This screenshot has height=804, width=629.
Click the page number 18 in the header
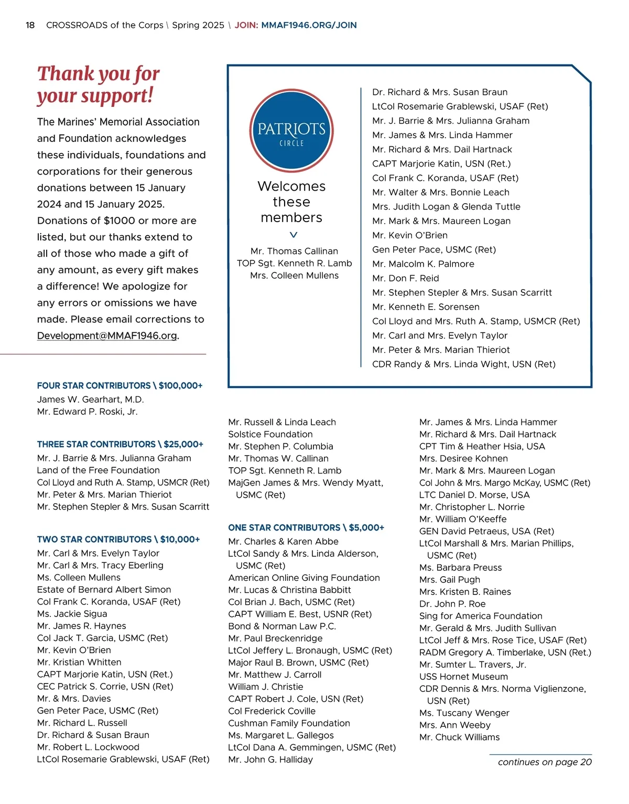pos(30,25)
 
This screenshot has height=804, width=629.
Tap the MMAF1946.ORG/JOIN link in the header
pos(309,25)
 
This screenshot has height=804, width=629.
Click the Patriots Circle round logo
pos(291,130)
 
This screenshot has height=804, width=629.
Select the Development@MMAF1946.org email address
pos(107,336)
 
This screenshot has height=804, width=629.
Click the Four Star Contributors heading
pos(120,386)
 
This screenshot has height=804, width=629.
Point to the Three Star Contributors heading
pos(120,444)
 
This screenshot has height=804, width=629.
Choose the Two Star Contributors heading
pos(118,539)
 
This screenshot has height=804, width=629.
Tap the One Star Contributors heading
pos(306,527)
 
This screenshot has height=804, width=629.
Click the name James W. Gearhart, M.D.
pos(90,400)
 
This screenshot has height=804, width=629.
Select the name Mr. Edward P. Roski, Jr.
pos(87,412)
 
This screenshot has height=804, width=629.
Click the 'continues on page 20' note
pos(545,762)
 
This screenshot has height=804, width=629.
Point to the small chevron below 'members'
pos(294,235)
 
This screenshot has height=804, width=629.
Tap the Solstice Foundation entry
pos(270,434)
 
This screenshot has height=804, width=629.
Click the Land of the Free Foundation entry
pos(98,470)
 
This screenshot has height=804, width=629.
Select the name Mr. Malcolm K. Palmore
pos(423,264)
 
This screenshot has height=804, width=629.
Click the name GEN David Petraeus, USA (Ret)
pos(486,531)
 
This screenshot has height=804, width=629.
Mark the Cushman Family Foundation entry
pos(289,723)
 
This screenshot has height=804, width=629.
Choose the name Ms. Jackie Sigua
pos(72,614)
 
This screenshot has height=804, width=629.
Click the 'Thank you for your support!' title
pos(98,84)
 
